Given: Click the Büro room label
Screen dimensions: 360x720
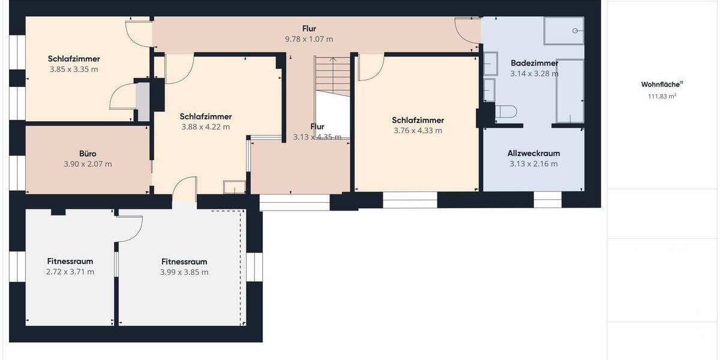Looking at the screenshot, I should point(88,154).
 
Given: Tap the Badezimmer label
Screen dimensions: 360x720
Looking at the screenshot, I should point(534,63).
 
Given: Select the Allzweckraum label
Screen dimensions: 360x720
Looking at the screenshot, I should point(534,154).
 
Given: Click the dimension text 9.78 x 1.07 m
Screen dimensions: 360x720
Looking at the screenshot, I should point(309,39).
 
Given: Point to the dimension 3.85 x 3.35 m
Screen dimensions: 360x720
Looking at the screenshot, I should point(74,70).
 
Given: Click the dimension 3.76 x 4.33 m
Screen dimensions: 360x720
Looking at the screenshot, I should point(418,131).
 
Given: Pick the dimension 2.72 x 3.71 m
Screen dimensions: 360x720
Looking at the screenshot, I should point(70,272).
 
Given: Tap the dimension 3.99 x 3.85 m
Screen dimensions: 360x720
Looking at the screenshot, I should point(184,272).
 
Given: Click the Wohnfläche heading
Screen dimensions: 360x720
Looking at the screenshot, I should point(662,85).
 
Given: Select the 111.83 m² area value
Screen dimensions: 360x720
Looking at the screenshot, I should point(662,96).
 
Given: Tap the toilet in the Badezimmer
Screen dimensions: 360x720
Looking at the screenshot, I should point(505,112).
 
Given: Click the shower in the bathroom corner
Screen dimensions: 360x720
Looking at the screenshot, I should point(563,31).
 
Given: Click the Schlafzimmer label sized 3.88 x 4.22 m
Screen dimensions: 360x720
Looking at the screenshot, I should point(206,116).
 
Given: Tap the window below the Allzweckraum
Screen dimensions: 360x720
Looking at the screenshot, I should point(547,199).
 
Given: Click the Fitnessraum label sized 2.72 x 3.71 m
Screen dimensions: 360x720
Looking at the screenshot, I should point(70,262).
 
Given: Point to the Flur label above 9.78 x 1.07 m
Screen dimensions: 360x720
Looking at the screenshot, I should point(309,28).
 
